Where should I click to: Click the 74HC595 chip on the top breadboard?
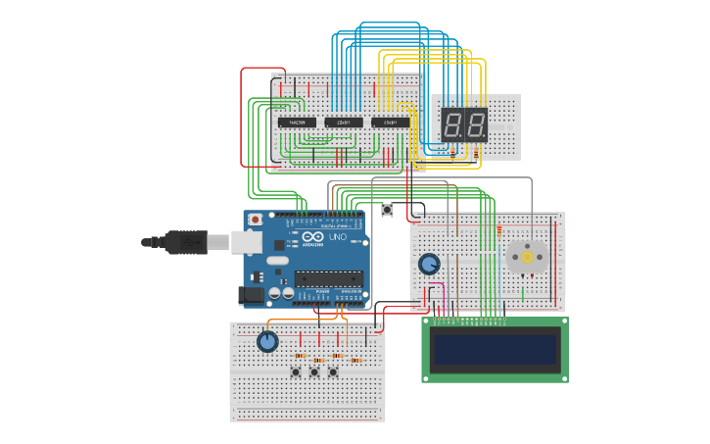tap(297, 123)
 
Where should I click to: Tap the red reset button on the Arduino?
tap(256, 220)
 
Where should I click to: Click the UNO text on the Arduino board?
tap(336, 237)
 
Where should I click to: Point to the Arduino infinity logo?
tap(311, 237)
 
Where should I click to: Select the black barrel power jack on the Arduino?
tap(252, 293)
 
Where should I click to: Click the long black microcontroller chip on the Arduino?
tap(328, 278)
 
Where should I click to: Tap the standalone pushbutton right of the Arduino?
tap(387, 210)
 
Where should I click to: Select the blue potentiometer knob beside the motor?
tap(429, 264)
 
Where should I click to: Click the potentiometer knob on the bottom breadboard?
tap(267, 342)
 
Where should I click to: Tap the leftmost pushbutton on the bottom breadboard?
tap(296, 371)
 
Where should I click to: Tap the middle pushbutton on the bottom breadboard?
tap(314, 371)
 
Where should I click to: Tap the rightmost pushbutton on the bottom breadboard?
tap(333, 371)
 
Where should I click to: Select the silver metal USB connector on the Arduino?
tap(245, 242)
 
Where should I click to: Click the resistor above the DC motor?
tap(499, 231)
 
